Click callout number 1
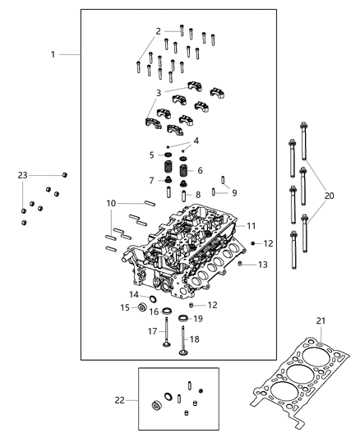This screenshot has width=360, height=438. tap(53, 54)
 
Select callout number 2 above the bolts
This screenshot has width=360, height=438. tap(158, 30)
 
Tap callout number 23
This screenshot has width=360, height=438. tap(23, 175)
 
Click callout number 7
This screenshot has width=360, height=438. tap(152, 180)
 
